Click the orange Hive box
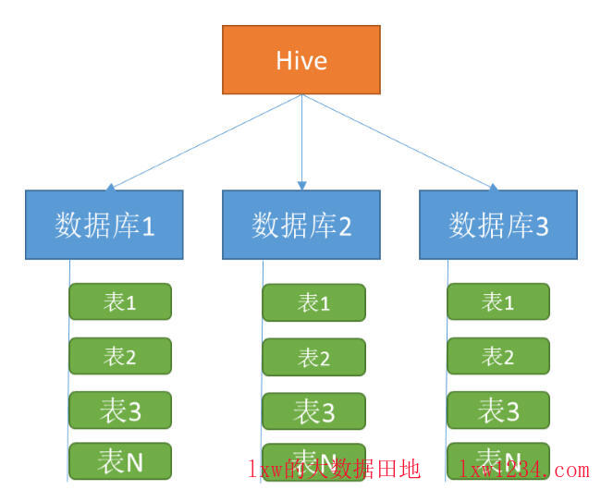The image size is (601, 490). tap(301, 60)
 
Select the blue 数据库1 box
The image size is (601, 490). tap(104, 225)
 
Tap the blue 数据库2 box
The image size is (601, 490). tap(301, 225)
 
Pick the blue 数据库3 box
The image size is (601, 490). tap(498, 225)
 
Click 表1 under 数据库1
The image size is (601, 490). tap(120, 301)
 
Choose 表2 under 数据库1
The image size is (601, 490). tap(120, 356)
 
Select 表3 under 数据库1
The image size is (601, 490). tap(120, 410)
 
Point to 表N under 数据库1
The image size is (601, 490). tap(120, 459)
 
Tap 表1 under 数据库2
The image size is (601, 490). tap(313, 302)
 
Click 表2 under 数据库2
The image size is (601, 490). tap(313, 357)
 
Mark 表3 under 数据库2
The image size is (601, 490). tap(313, 411)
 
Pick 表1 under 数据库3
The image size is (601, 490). tap(498, 301)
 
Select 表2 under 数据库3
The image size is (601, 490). tap(498, 356)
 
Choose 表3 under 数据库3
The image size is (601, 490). tap(498, 410)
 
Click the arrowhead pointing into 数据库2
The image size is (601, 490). tap(301, 186)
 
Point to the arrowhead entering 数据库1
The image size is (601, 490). tap(111, 187)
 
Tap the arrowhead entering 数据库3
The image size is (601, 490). tap(493, 187)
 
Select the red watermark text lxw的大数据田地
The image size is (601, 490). tap(334, 470)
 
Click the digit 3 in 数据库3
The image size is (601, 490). tap(543, 227)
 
